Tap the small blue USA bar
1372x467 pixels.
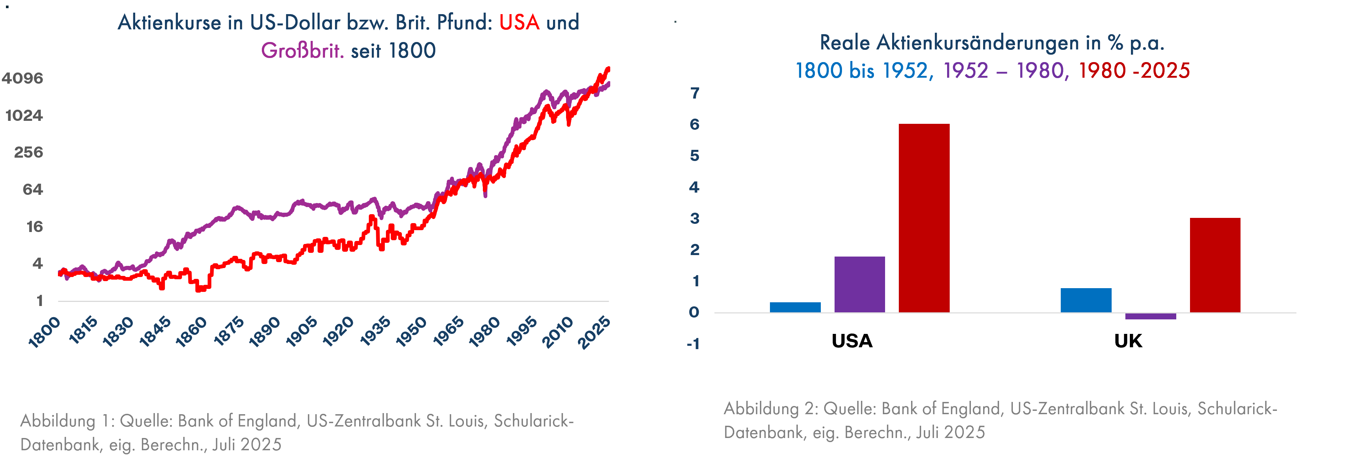click(795, 307)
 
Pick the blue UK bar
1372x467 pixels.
click(1086, 300)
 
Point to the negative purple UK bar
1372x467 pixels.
click(1150, 316)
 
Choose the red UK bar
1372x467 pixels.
click(1215, 265)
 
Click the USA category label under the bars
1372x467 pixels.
click(852, 341)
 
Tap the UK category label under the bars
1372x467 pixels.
click(1128, 341)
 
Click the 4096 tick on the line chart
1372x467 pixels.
click(22, 78)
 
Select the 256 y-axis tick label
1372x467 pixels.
click(28, 152)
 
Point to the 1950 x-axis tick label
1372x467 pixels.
click(411, 332)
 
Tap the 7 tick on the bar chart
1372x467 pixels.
click(695, 93)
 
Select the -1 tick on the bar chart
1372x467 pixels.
click(693, 344)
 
